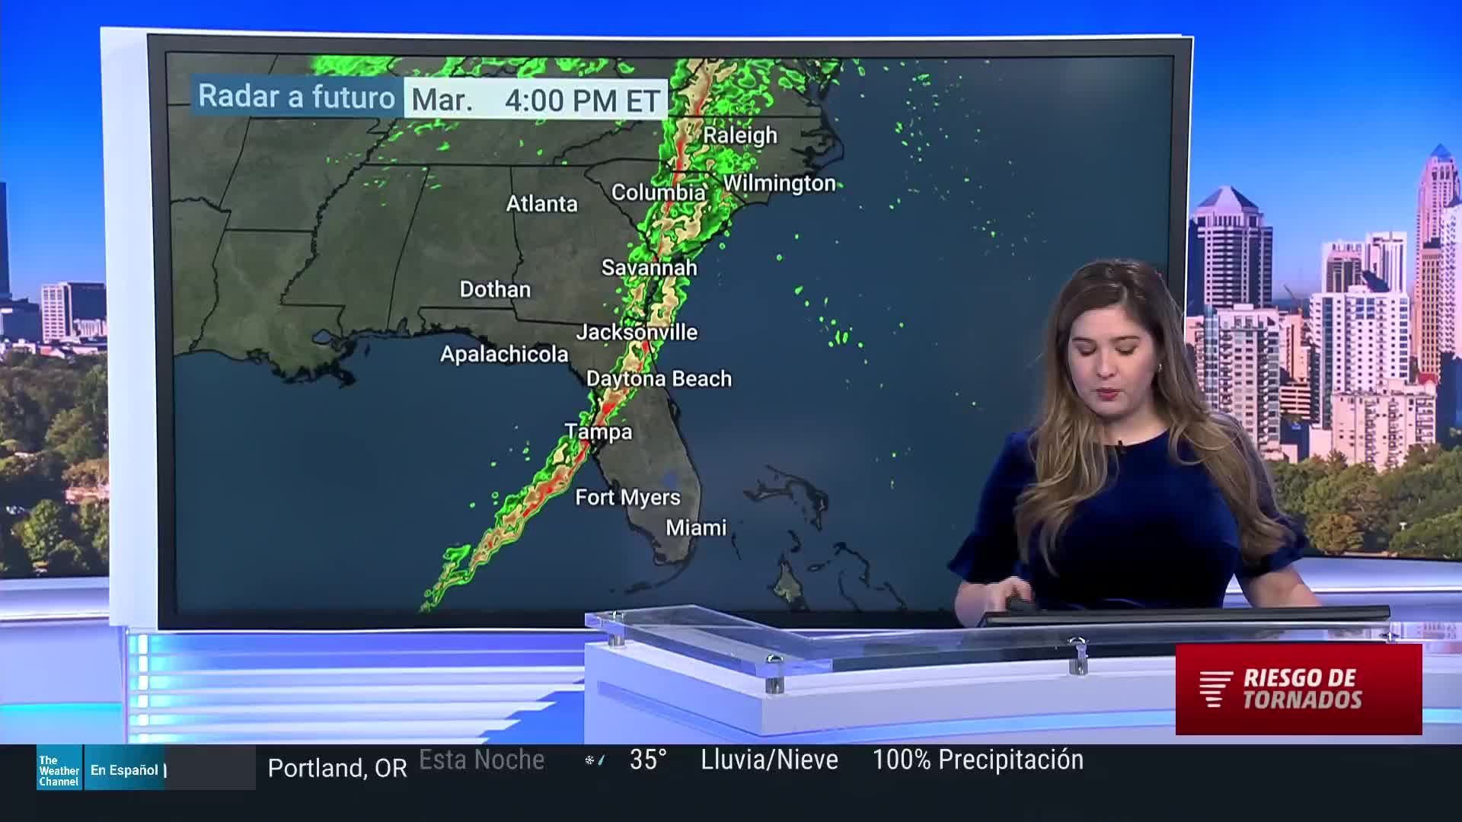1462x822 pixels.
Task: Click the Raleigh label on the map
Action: [x=739, y=135]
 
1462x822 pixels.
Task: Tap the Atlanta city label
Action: [x=541, y=204]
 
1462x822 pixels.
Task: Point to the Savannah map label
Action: [x=649, y=268]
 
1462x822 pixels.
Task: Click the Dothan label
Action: [x=495, y=289]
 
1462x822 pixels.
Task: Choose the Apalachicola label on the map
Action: [x=504, y=354]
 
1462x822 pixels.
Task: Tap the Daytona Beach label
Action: [x=659, y=379]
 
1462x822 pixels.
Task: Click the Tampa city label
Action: [x=599, y=432]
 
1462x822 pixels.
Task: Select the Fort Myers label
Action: [x=627, y=498]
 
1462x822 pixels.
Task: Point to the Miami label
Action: [x=696, y=528]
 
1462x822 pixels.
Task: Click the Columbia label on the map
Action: [x=658, y=193]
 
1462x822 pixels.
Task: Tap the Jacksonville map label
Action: [x=637, y=332]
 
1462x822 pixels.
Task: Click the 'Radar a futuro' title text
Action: [x=296, y=97]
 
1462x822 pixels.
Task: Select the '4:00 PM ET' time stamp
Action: [x=582, y=100]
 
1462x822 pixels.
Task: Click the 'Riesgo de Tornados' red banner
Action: [x=1298, y=689]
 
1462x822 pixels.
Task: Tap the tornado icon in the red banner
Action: [x=1215, y=689]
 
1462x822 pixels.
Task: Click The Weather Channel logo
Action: [x=59, y=770]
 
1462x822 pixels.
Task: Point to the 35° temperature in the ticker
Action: [x=648, y=760]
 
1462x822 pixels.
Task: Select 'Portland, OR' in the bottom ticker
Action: [x=337, y=769]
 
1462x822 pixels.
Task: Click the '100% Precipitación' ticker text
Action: [x=977, y=760]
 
